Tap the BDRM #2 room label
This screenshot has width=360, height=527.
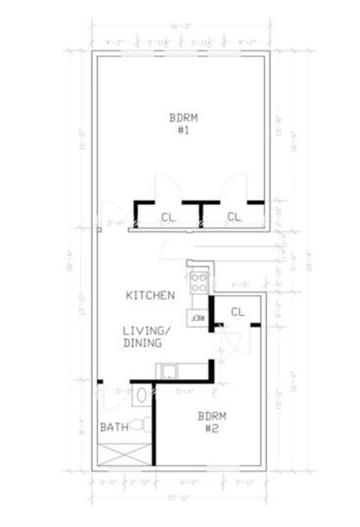click(x=212, y=422)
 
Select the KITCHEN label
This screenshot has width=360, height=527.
click(x=150, y=296)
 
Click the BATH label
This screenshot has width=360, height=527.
click(x=113, y=428)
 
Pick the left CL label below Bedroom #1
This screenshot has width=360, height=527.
click(x=167, y=217)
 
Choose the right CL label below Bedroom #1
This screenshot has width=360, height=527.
click(x=234, y=217)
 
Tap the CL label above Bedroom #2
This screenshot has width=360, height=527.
click(x=237, y=312)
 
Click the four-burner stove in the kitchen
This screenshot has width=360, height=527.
click(x=198, y=282)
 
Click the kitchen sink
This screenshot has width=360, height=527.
click(x=170, y=372)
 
